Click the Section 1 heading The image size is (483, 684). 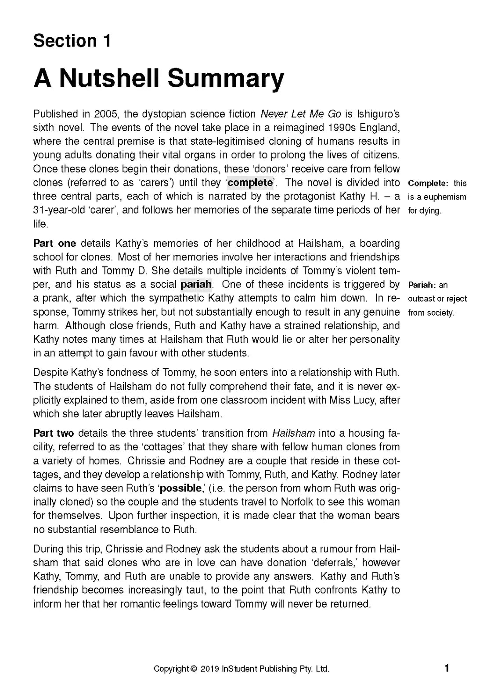72,41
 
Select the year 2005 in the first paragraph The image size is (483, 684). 105,114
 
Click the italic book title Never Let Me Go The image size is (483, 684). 301,114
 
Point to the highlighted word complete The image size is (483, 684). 250,182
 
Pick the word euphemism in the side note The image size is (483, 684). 444,197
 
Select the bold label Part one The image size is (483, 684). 54,243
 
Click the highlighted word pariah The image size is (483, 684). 196,284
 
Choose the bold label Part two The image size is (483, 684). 54,433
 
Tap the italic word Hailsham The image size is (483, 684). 293,433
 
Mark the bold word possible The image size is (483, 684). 180,488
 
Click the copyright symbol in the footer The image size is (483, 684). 194,669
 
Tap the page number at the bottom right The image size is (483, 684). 447,668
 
